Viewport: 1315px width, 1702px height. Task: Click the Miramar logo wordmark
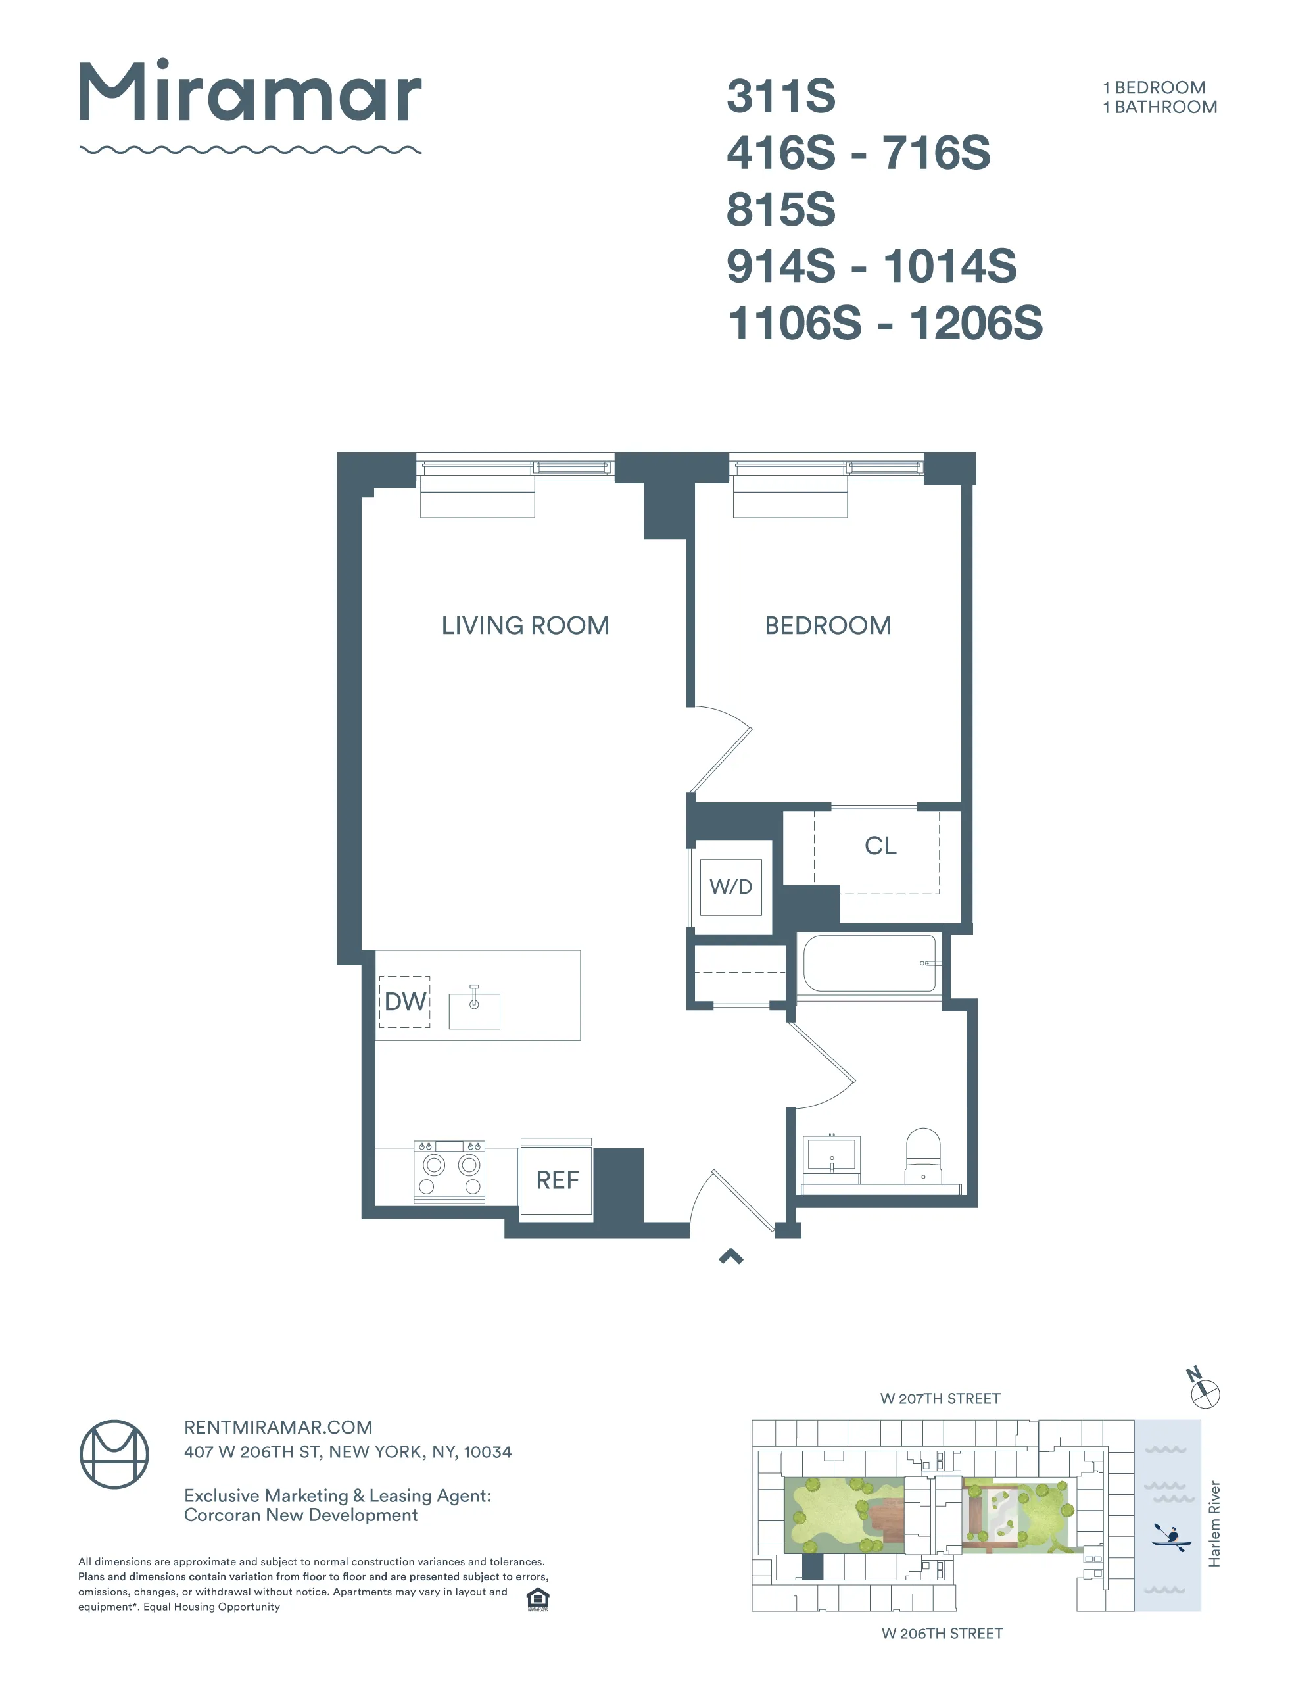249,93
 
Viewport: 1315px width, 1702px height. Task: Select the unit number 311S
780,96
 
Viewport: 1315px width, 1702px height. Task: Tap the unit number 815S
780,210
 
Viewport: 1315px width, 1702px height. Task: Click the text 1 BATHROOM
1159,108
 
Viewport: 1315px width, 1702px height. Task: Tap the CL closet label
880,846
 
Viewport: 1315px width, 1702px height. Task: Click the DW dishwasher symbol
405,1002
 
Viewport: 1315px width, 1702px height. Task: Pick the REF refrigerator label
557,1180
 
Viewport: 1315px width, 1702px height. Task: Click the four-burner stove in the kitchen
448,1172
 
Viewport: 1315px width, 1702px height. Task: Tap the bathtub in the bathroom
869,963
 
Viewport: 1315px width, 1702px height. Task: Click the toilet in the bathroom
923,1155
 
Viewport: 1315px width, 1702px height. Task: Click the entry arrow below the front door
730,1256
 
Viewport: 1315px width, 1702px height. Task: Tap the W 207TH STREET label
940,1399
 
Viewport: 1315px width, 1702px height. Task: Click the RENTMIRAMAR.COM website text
278,1427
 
